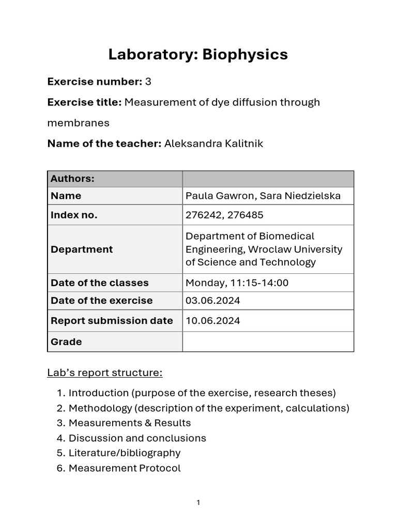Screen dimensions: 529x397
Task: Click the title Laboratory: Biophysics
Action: click(x=198, y=55)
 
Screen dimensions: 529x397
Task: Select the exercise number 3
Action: click(x=148, y=82)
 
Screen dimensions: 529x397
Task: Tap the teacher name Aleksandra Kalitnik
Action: click(x=213, y=144)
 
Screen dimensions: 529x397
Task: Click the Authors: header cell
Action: click(x=72, y=179)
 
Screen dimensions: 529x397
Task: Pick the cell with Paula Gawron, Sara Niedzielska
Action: click(x=263, y=196)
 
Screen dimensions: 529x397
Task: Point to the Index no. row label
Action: click(x=74, y=215)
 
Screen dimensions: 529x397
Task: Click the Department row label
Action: click(x=82, y=249)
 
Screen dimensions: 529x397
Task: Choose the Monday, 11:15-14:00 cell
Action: click(x=237, y=283)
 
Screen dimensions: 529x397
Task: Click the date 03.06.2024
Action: click(x=212, y=301)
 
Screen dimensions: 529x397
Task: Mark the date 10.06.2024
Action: click(x=212, y=321)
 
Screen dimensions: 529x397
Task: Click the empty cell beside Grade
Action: click(x=268, y=341)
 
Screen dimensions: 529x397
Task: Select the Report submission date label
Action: click(x=112, y=321)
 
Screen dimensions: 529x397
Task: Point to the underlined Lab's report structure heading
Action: click(x=105, y=372)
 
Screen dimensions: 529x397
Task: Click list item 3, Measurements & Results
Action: click(x=129, y=423)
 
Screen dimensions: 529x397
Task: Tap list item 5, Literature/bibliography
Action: click(x=124, y=453)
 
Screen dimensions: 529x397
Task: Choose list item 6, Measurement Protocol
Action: click(x=124, y=468)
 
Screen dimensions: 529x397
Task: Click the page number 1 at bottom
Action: click(x=198, y=503)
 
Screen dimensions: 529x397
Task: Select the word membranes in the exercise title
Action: click(x=78, y=123)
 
